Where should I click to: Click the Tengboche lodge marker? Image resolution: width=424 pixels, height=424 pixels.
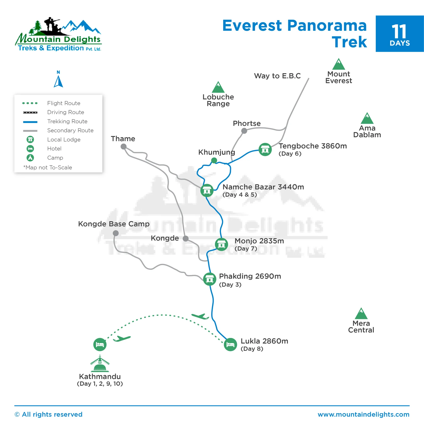265,150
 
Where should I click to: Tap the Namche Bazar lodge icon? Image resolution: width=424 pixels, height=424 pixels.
207,190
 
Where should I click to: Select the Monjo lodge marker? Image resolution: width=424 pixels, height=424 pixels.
221,244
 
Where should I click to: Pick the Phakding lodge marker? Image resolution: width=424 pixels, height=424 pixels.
210,279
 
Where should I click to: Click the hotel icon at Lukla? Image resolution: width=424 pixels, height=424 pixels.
230,344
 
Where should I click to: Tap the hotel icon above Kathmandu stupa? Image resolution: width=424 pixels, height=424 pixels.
100,344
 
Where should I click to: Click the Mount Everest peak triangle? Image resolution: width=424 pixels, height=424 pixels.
339,64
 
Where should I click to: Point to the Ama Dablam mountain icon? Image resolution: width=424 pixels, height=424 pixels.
367,119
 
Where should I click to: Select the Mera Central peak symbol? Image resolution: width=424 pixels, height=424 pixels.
361,314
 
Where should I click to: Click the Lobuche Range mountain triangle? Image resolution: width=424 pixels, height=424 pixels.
218,88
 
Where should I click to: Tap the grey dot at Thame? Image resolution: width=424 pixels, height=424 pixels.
123,146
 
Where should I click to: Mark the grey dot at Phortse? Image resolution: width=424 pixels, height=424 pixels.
244,131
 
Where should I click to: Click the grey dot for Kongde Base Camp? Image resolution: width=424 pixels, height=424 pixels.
116,233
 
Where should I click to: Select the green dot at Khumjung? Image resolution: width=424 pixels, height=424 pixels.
214,160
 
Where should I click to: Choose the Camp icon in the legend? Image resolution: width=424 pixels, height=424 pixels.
30,158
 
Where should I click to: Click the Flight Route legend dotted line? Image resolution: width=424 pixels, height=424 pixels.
30,103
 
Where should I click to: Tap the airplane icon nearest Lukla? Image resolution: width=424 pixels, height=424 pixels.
200,316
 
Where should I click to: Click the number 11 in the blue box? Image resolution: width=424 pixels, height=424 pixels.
399,32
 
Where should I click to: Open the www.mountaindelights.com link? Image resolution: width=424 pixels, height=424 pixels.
363,414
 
